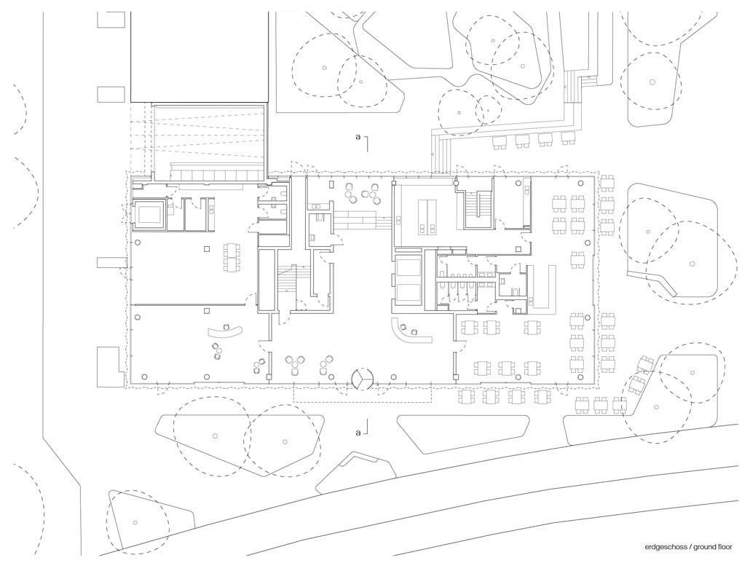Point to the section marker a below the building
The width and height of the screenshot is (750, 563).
click(358, 433)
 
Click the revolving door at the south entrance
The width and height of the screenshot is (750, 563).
click(362, 379)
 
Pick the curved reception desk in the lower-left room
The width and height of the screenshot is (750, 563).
click(226, 331)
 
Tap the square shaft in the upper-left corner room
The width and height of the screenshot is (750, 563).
click(150, 215)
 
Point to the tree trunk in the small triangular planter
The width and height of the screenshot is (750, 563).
click(135, 522)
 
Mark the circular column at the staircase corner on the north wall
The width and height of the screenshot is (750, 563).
click(457, 182)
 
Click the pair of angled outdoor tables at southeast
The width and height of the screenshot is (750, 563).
click(642, 374)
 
